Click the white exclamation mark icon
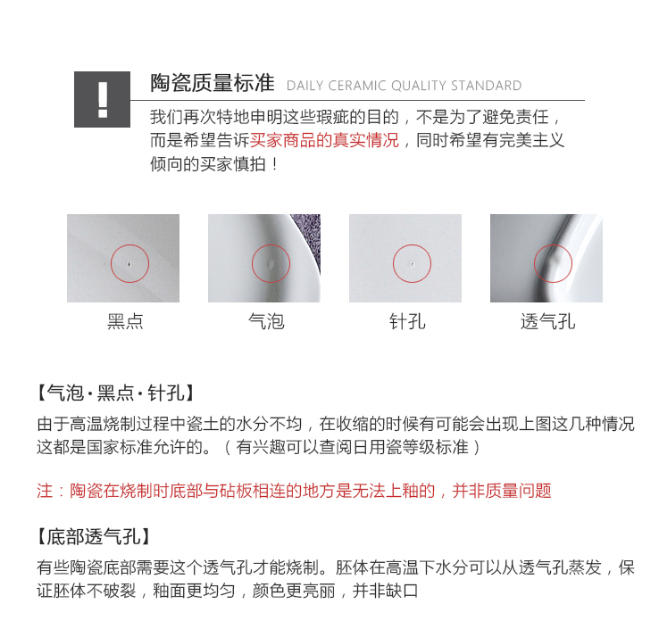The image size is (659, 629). [x=103, y=100]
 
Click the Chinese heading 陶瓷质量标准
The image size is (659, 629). [x=213, y=83]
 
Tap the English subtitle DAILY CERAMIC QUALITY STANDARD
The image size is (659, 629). [x=404, y=86]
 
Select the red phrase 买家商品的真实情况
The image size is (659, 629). [x=324, y=140]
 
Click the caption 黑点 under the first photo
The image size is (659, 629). [x=125, y=322]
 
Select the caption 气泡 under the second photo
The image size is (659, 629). [x=266, y=322]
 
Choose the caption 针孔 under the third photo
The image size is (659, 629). [x=408, y=322]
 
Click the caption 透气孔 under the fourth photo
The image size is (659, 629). [x=548, y=322]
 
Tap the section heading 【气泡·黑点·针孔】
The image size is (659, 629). [x=116, y=393]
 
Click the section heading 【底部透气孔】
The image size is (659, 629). [x=94, y=536]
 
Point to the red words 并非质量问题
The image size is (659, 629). [x=502, y=491]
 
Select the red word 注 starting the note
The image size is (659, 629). [x=45, y=491]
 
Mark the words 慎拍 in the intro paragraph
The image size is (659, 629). [x=250, y=164]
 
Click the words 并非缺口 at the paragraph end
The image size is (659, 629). [x=386, y=591]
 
